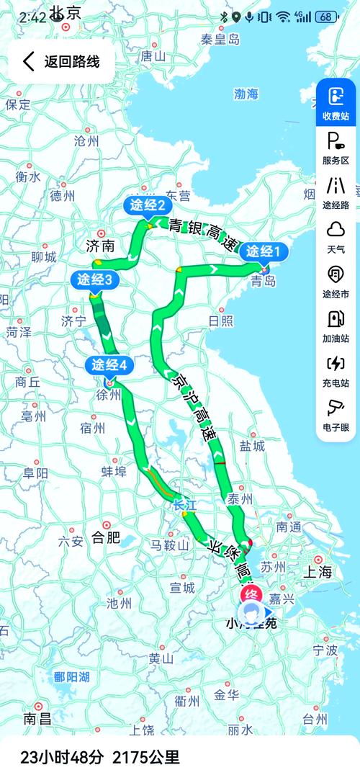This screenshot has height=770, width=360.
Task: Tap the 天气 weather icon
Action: (336, 236)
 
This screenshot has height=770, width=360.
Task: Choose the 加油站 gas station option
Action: (336, 325)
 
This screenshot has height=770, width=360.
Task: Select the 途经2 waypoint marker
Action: (148, 206)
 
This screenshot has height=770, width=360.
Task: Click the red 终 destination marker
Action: (250, 594)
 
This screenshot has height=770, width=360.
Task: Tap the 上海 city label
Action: (318, 573)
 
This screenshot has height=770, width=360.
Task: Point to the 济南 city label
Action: (100, 246)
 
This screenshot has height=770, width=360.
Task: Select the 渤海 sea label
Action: (246, 94)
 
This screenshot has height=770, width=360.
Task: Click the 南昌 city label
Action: (37, 718)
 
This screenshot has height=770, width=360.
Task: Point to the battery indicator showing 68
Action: (327, 17)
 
